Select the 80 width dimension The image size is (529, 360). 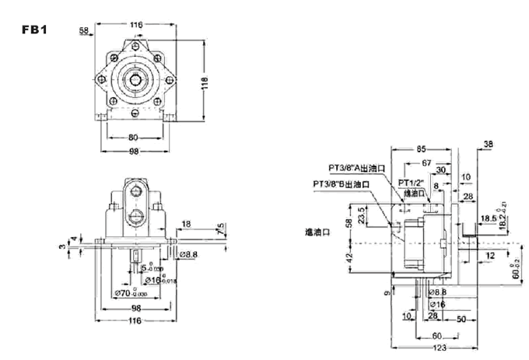133,138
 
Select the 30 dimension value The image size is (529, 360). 441,170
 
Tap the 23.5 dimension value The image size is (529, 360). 361,211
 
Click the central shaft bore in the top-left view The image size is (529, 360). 136,78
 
